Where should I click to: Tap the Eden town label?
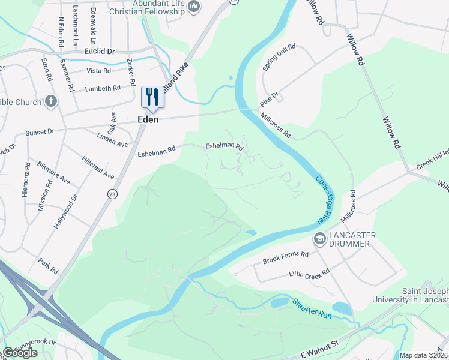click(x=148, y=119)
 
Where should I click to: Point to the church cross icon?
click(x=52, y=101)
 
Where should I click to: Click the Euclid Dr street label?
click(x=99, y=52)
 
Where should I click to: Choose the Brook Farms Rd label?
click(x=285, y=258)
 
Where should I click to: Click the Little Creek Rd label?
click(x=309, y=274)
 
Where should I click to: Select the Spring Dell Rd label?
click(x=279, y=55)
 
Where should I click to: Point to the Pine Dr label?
click(x=270, y=100)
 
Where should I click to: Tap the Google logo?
click(x=20, y=353)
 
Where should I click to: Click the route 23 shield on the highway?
click(x=112, y=193)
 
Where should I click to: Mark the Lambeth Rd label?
click(x=103, y=88)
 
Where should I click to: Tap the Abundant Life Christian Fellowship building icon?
click(x=194, y=7)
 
